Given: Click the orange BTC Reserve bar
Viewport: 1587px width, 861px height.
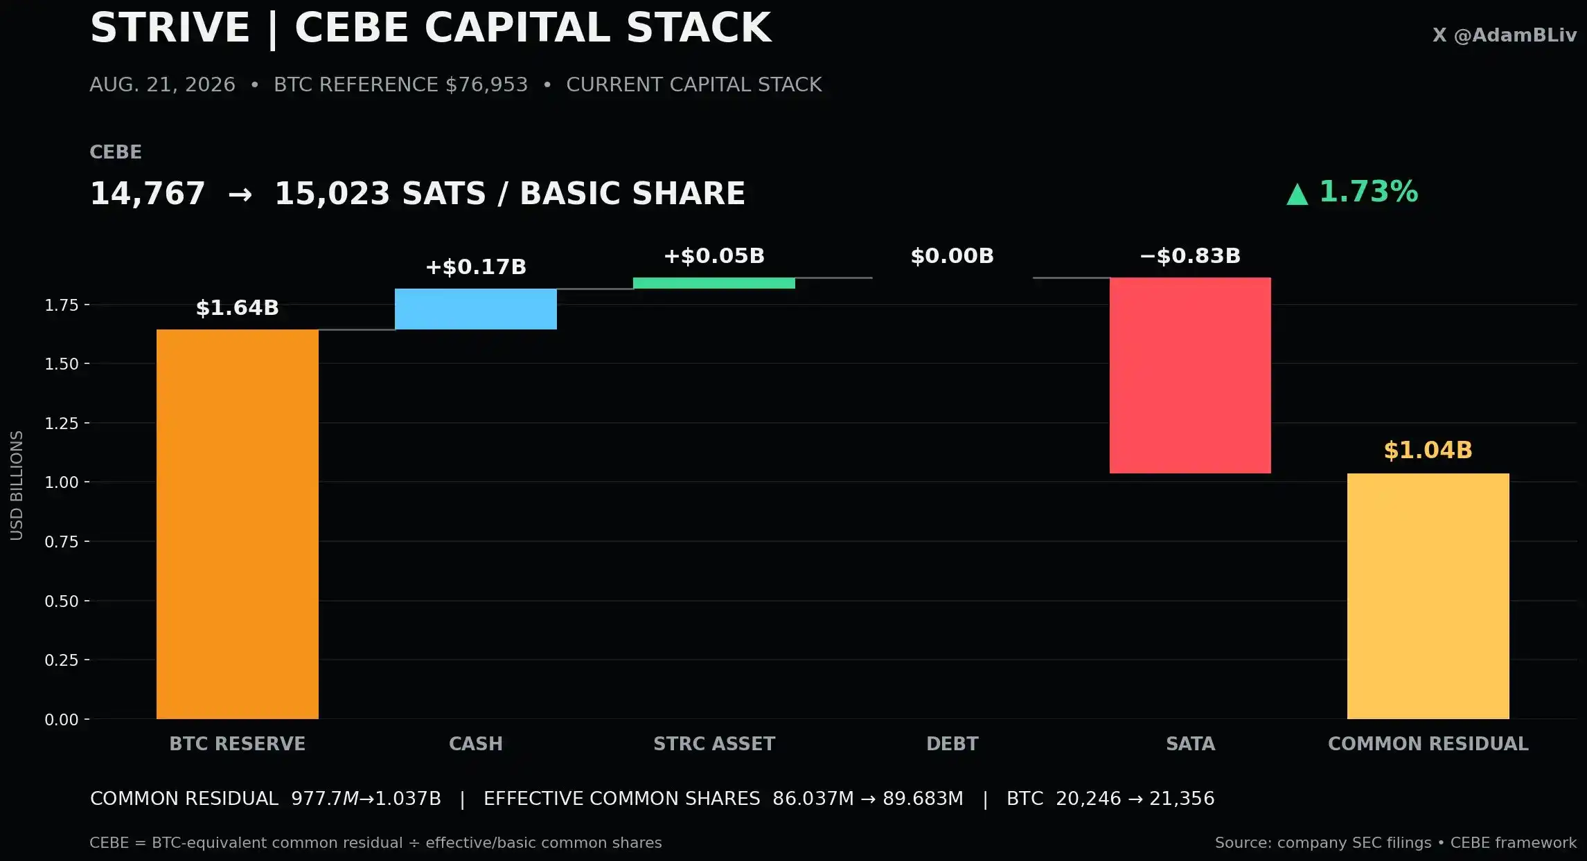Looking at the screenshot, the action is click(x=238, y=524).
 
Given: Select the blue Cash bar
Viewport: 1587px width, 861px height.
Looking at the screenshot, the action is click(x=476, y=309).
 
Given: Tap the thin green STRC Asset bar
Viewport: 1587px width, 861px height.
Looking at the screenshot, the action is click(x=714, y=283).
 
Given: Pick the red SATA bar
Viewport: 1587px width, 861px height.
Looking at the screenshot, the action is click(x=1190, y=375).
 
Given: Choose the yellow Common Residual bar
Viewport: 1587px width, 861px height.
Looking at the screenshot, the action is click(x=1428, y=596).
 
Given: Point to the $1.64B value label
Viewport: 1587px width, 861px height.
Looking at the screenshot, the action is click(x=238, y=307).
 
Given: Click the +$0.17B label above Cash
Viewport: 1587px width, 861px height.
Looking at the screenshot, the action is click(x=476, y=266).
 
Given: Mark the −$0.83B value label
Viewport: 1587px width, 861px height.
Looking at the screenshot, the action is click(x=1190, y=255).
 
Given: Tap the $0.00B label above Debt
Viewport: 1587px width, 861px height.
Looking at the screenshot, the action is click(x=952, y=255).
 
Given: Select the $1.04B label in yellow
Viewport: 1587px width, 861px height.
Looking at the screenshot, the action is click(x=1428, y=450).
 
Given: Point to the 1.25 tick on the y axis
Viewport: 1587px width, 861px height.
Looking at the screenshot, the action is click(x=62, y=423).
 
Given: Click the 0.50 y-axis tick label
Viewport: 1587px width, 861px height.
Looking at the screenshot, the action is click(x=62, y=601).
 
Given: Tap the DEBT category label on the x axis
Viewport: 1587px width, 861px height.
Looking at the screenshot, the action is click(x=952, y=744).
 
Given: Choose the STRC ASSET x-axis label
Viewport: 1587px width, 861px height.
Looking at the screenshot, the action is click(x=714, y=744).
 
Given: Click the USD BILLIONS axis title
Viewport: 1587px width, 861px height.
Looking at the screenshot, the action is click(x=17, y=485).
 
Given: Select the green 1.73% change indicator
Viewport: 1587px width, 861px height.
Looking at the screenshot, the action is click(x=1352, y=192).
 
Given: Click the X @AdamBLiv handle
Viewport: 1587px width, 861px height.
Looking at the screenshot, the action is click(x=1505, y=35).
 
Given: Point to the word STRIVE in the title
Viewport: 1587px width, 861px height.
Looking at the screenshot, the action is click(x=170, y=28).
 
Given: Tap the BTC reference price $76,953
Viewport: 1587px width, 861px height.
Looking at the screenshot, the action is click(x=486, y=84).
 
